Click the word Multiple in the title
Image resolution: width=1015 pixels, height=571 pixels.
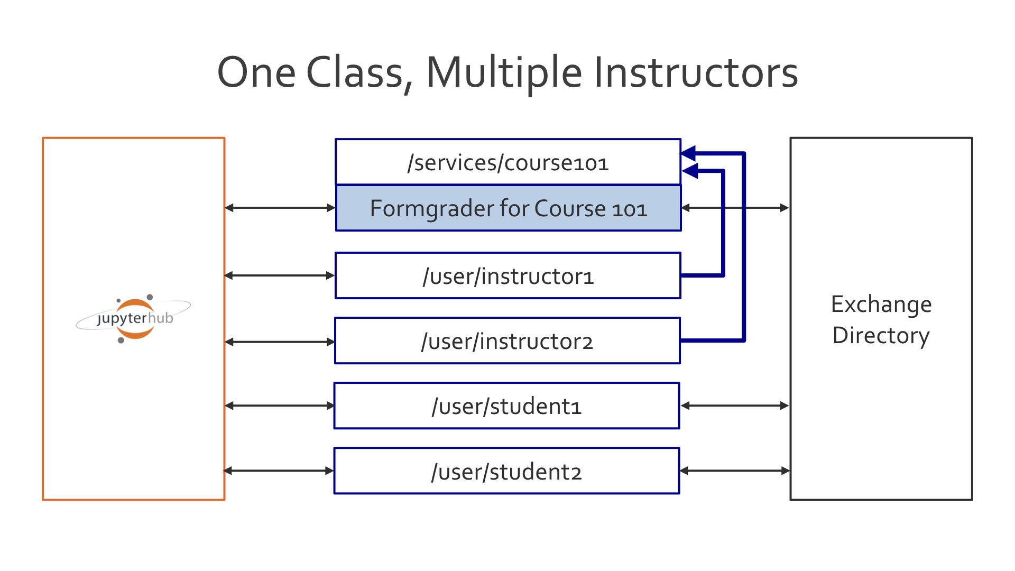[503, 73]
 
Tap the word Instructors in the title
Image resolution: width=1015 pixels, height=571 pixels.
[696, 73]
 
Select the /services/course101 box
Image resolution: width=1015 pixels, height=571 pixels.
[508, 162]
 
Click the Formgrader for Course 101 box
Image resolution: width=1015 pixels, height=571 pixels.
[508, 208]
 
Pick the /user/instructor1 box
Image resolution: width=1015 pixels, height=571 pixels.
[508, 276]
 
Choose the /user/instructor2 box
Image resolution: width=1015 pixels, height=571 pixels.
[508, 341]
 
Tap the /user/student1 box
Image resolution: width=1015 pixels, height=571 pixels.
[506, 406]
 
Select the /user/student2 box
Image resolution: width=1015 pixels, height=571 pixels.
[506, 471]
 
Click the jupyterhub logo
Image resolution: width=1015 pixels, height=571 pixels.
[134, 318]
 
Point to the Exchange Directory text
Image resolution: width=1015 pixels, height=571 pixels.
[881, 319]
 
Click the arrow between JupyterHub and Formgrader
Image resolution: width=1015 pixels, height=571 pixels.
[280, 208]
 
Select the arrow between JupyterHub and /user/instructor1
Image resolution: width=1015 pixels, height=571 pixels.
[280, 275]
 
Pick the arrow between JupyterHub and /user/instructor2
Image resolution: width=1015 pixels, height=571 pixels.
[280, 342]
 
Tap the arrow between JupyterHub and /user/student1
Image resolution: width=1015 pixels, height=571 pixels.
[280, 406]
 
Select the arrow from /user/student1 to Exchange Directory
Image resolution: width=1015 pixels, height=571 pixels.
[735, 406]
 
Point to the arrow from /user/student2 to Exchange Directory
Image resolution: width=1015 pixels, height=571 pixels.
[735, 471]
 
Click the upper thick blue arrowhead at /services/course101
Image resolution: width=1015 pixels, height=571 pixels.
[688, 154]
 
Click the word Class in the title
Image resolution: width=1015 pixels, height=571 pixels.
[356, 73]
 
